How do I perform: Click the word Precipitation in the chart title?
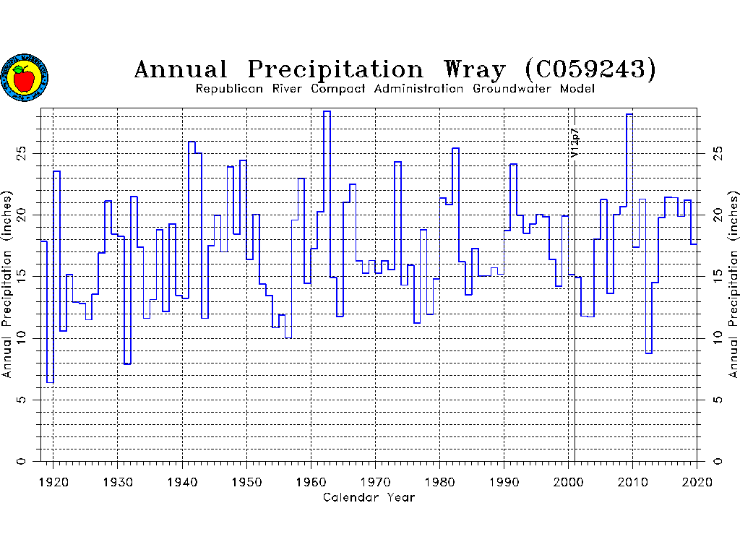335,69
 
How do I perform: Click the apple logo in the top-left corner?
24,77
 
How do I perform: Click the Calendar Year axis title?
369,497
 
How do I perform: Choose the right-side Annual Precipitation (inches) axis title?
733,285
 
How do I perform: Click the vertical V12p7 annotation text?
575,142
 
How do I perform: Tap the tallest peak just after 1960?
327,111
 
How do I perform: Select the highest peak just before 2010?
629,114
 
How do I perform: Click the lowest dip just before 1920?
50,382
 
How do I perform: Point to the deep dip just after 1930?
127,363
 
